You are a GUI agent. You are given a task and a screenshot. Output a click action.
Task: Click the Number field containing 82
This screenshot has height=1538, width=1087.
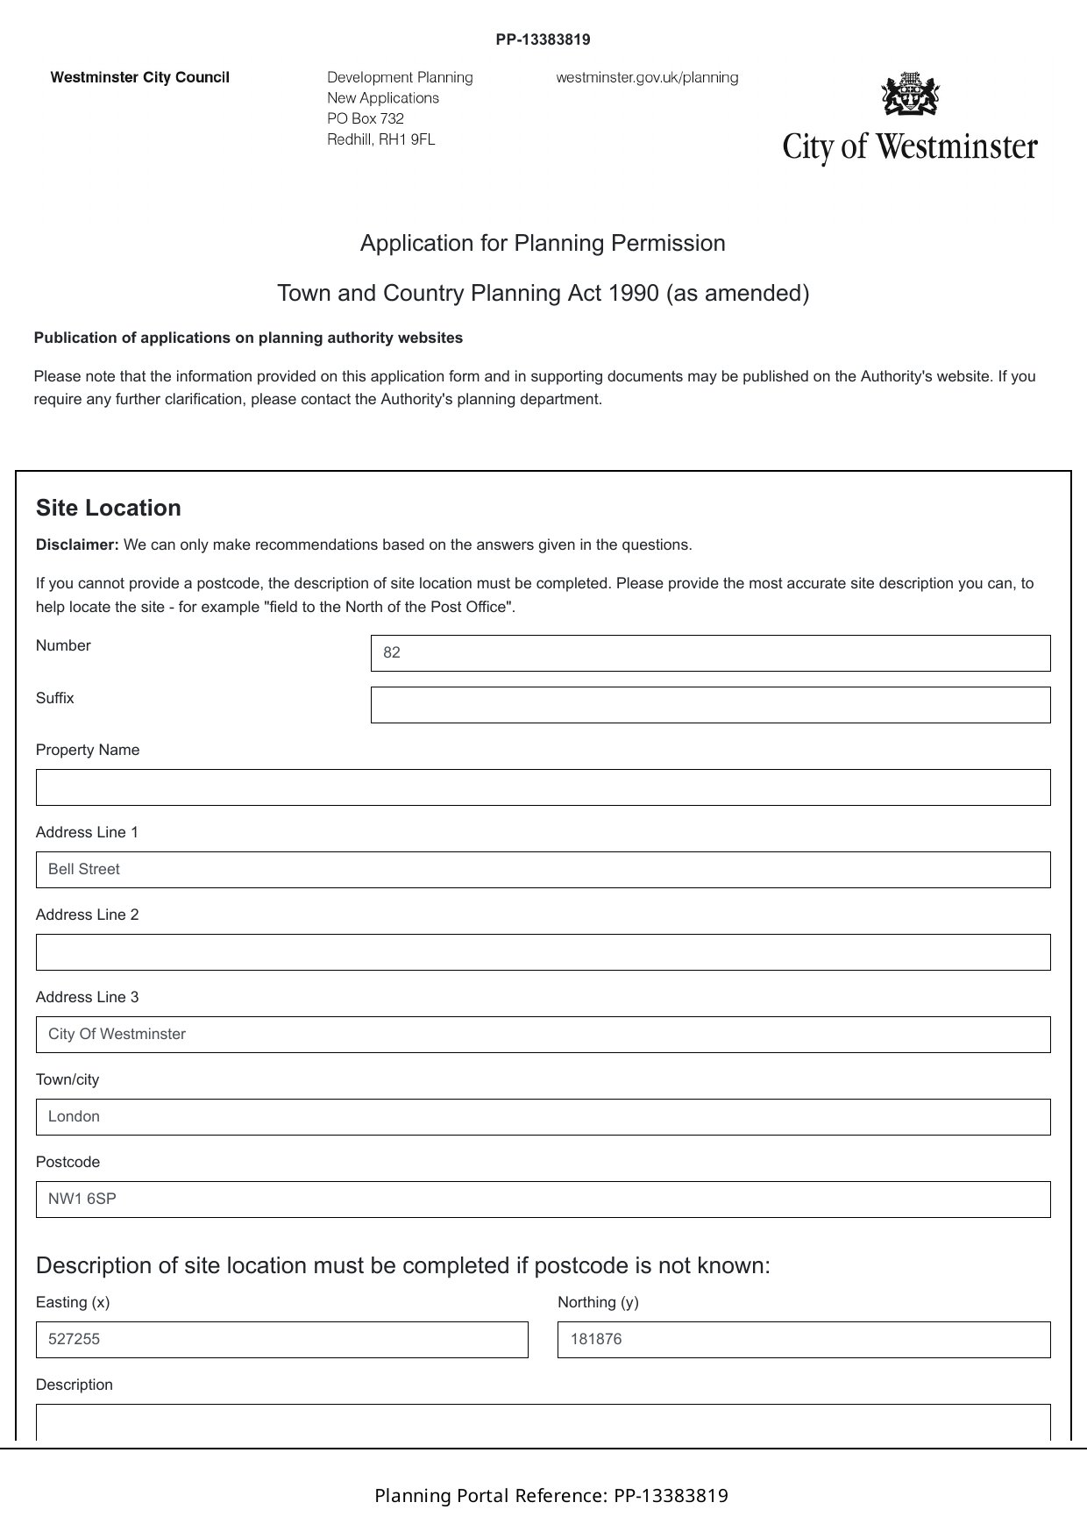(x=710, y=653)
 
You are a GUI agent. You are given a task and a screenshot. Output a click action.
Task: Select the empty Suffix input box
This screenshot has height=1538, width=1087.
(x=710, y=705)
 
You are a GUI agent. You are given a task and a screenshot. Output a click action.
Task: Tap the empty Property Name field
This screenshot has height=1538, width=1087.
(x=543, y=787)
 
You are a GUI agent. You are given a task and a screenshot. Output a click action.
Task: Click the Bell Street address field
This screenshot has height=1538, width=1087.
(x=543, y=870)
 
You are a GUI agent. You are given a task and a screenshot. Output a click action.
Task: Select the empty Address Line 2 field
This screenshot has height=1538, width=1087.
(x=543, y=952)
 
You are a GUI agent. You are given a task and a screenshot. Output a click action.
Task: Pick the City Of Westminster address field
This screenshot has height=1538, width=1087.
(x=543, y=1035)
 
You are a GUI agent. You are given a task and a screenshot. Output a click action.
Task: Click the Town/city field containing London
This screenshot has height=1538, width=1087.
(x=543, y=1117)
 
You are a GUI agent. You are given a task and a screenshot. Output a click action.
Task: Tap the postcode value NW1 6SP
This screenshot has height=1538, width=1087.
(x=82, y=1200)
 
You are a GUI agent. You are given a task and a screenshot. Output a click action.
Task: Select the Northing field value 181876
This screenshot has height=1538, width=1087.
(x=596, y=1340)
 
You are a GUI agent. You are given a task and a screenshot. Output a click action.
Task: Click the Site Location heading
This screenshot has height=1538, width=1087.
(x=109, y=509)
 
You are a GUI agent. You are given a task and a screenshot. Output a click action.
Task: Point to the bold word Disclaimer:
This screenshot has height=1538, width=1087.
(x=77, y=545)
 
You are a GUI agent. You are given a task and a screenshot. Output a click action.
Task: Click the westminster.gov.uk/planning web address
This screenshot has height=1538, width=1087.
(x=647, y=77)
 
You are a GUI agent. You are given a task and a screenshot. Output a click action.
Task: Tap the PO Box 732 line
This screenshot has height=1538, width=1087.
(x=366, y=118)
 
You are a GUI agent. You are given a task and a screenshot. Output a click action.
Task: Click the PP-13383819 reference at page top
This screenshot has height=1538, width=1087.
(x=543, y=39)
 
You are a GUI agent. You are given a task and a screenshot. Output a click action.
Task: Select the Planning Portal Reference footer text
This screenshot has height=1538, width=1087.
(x=551, y=1496)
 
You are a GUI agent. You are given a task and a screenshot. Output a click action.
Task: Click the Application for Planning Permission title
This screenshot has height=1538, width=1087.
(x=543, y=243)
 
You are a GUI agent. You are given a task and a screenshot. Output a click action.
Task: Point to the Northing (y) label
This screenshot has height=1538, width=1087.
(x=598, y=1302)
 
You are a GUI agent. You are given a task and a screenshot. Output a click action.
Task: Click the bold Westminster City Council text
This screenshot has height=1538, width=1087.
(x=140, y=77)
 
